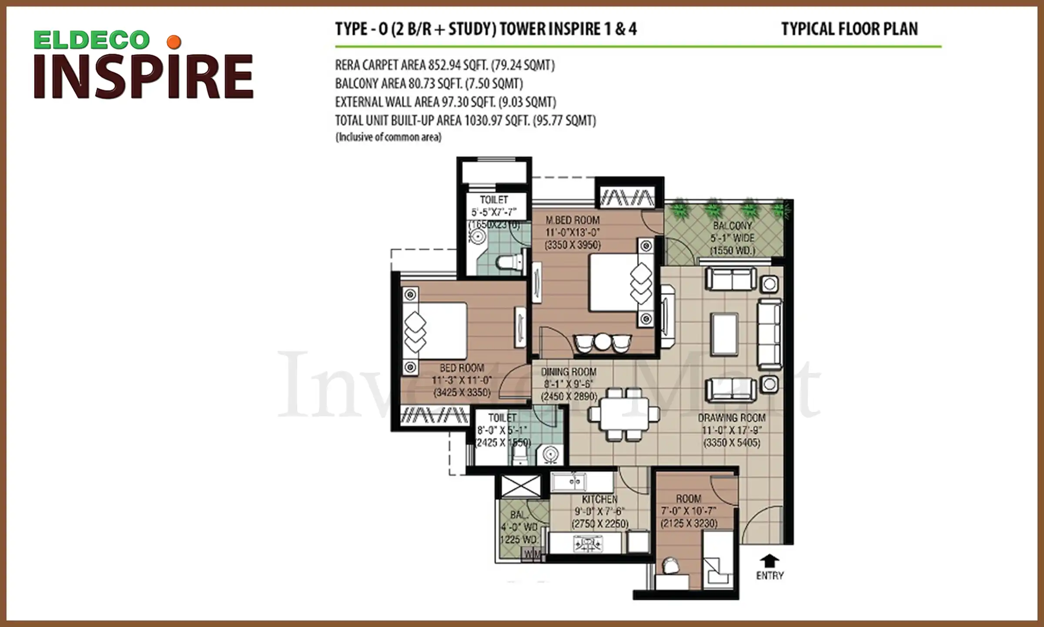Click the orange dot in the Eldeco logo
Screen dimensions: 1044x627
pyautogui.click(x=174, y=42)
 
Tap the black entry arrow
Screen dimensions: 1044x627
pyautogui.click(x=770, y=560)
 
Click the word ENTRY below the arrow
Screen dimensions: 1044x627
pyautogui.click(x=770, y=576)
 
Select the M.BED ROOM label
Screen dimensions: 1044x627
pyautogui.click(x=572, y=220)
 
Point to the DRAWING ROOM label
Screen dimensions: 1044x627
pyautogui.click(x=732, y=418)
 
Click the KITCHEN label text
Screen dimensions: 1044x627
pyautogui.click(x=600, y=499)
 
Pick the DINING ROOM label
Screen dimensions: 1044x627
pyautogui.click(x=569, y=372)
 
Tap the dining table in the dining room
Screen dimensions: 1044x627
pyautogui.click(x=624, y=414)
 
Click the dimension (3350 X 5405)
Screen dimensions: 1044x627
pyautogui.click(x=732, y=443)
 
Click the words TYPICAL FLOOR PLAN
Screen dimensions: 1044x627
pyautogui.click(x=850, y=29)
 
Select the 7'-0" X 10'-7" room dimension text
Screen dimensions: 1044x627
pyautogui.click(x=689, y=511)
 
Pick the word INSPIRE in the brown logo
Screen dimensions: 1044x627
pyautogui.click(x=144, y=77)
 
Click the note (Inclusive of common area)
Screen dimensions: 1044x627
pyautogui.click(x=388, y=137)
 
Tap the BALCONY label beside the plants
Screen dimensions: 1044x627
pyautogui.click(x=733, y=226)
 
